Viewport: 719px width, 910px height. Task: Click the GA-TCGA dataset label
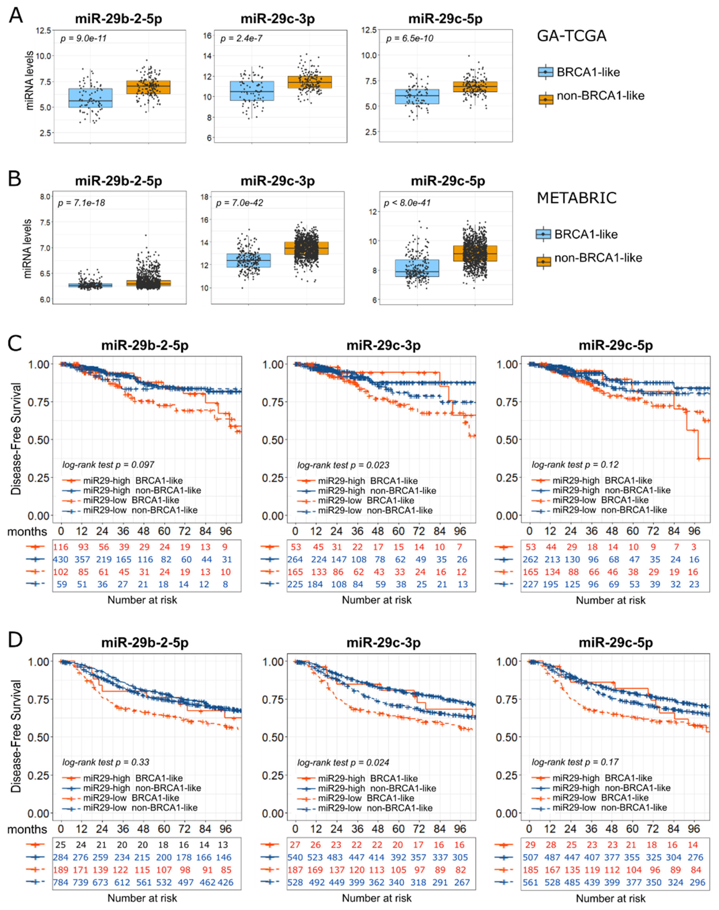coord(571,36)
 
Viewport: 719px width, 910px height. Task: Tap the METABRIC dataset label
coord(576,198)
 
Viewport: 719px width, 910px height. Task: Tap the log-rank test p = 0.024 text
coord(343,762)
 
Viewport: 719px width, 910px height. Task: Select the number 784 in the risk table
coord(61,882)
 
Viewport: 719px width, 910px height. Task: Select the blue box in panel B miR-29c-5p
coord(417,268)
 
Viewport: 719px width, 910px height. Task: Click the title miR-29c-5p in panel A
coord(445,19)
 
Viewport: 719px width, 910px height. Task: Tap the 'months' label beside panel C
coord(27,531)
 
